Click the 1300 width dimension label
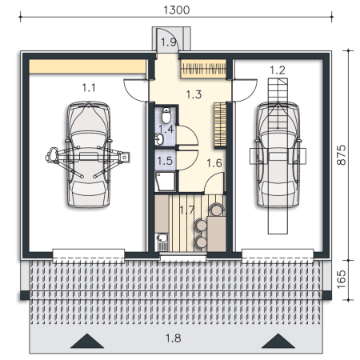click(176, 10)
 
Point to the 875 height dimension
click(341, 155)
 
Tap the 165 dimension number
click(341, 279)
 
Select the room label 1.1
click(89, 87)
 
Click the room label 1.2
click(278, 70)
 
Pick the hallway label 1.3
click(194, 94)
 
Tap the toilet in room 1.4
click(166, 115)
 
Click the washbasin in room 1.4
click(159, 139)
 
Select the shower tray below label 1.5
click(166, 182)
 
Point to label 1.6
click(214, 163)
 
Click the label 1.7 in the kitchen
click(187, 210)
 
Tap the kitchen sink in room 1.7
click(162, 242)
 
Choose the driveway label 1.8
click(174, 338)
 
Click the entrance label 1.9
click(169, 42)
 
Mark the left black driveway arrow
click(87, 341)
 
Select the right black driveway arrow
click(278, 341)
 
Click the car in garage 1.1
click(88, 154)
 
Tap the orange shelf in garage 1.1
click(87, 66)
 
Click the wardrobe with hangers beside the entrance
click(203, 69)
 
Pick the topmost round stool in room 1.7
click(216, 210)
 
